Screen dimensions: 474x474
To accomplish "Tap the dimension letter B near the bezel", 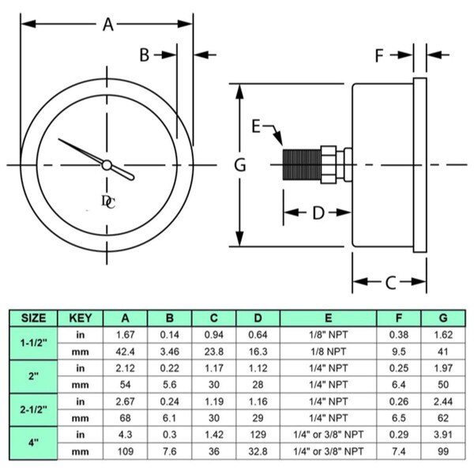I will (145, 55).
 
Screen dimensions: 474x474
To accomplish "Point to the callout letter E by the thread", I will (256, 126).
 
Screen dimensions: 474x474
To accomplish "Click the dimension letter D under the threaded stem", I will (317, 213).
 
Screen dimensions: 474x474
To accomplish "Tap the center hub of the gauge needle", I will (106, 164).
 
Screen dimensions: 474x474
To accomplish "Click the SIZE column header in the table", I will (32, 318).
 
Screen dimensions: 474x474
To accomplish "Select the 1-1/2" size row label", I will (32, 343).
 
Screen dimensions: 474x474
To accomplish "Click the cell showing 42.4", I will (125, 351).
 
